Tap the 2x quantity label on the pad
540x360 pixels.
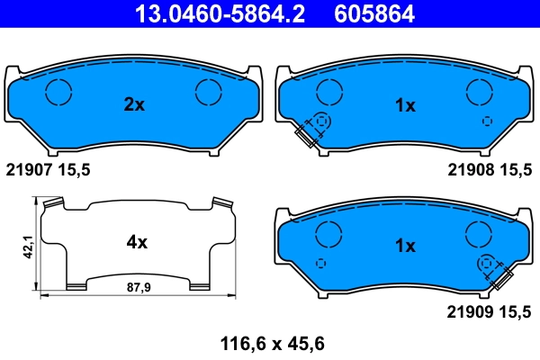pos(133,105)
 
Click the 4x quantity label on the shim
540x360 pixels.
pos(136,242)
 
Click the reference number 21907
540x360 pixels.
pos(26,169)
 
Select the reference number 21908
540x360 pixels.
pos(467,169)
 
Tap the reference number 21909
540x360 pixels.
pos(467,311)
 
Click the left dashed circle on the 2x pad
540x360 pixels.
pos(58,91)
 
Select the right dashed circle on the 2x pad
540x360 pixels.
pos(209,91)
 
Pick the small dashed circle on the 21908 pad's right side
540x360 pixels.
pos(487,121)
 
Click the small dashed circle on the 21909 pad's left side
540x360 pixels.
pos(322,262)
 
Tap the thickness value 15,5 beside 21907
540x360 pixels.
pos(76,169)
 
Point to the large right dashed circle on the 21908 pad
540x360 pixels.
pos(480,91)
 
